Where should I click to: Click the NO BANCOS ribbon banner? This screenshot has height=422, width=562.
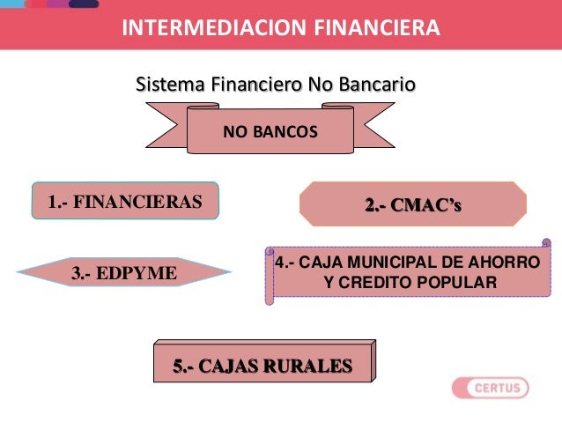click(270, 133)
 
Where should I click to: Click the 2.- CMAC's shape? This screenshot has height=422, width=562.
click(413, 205)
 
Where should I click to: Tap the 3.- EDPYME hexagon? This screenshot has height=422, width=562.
click(123, 273)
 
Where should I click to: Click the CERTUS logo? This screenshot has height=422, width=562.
click(490, 388)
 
